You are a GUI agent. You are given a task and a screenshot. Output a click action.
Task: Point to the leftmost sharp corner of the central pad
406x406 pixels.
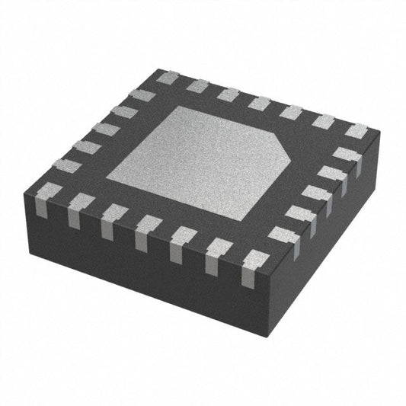(106, 178)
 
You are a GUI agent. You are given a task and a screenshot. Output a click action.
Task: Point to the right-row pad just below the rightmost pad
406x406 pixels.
(347, 155)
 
